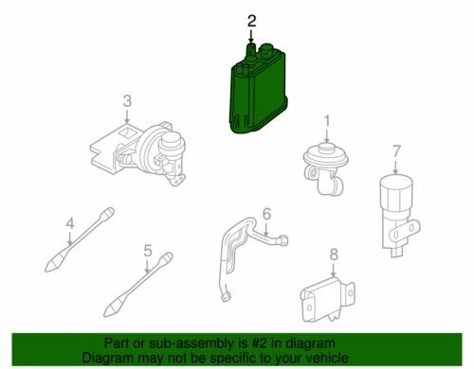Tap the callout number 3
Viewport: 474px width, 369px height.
point(125,100)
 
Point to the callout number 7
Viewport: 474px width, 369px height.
point(397,149)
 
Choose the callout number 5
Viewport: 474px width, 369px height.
point(147,250)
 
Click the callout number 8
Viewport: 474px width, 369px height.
point(334,253)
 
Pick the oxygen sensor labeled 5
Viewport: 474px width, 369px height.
point(142,285)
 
